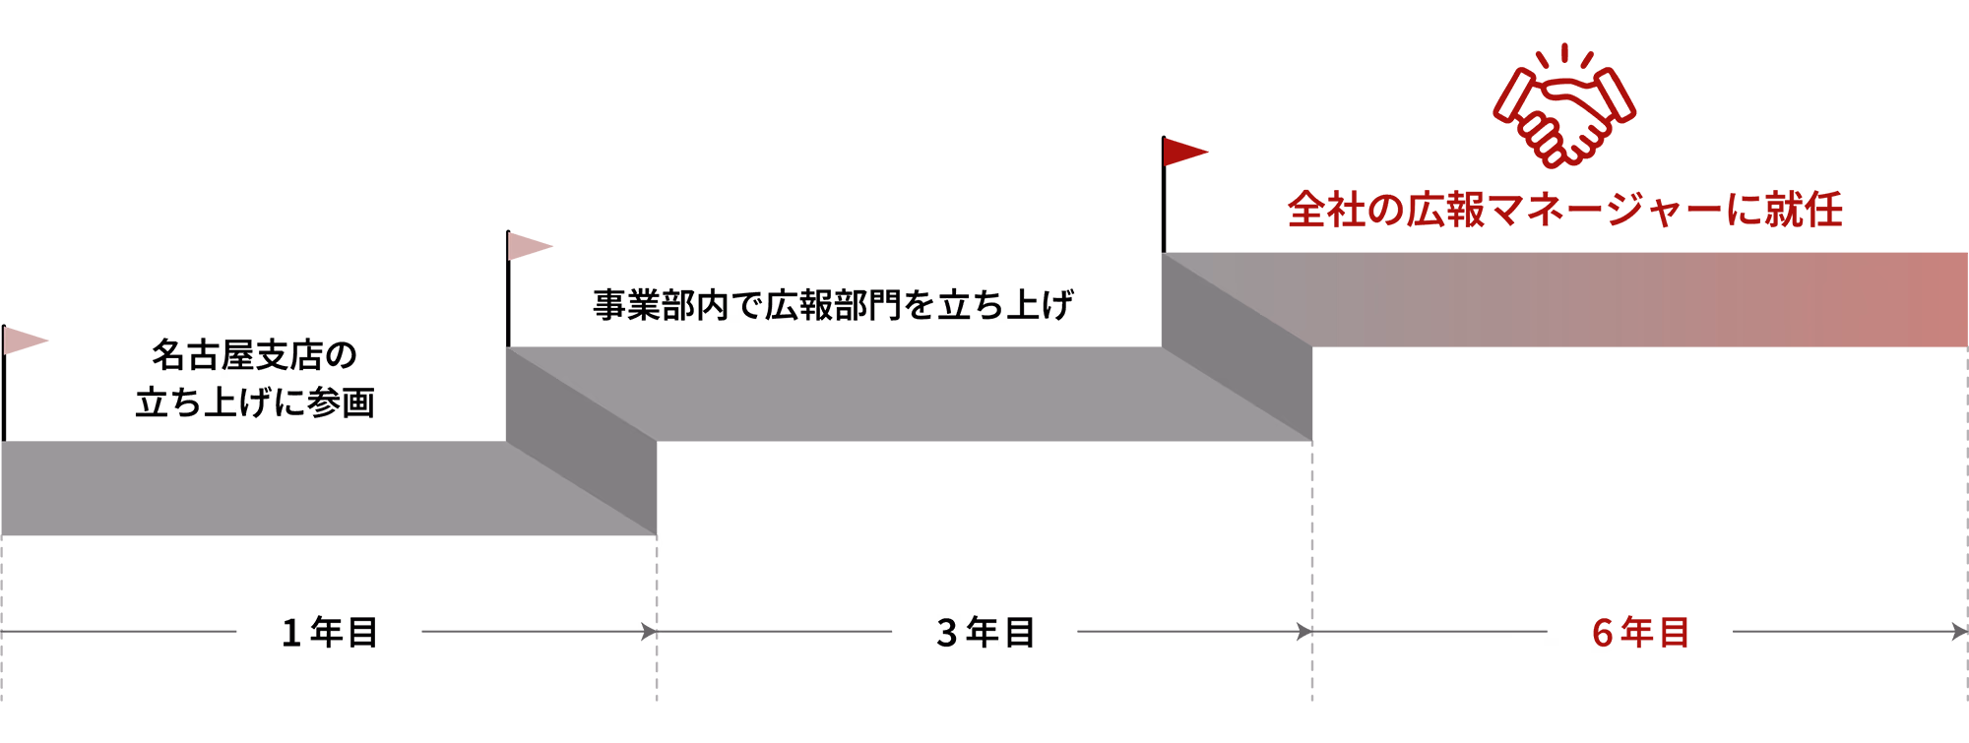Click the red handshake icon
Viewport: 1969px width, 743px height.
pyautogui.click(x=1564, y=106)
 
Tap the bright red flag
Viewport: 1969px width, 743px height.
pyautogui.click(x=1185, y=152)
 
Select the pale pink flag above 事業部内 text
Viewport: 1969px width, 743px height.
pyautogui.click(x=530, y=246)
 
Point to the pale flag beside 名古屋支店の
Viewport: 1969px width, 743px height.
pyautogui.click(x=26, y=341)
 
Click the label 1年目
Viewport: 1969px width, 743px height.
pyautogui.click(x=330, y=632)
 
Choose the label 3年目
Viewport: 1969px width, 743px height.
pyautogui.click(x=985, y=632)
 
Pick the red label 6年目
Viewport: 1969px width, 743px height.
pyautogui.click(x=1641, y=632)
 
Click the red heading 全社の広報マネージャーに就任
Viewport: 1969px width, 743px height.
pyautogui.click(x=1565, y=210)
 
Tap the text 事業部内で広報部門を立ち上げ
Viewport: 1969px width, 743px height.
pyautogui.click(x=833, y=305)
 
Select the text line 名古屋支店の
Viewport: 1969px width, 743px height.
pyautogui.click(x=254, y=355)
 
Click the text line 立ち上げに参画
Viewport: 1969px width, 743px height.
pyautogui.click(x=255, y=402)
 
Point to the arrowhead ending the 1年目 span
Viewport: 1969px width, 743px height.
pyautogui.click(x=649, y=632)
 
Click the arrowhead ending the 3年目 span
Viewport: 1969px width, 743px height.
pyautogui.click(x=1304, y=632)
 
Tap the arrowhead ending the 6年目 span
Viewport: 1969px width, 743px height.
pyautogui.click(x=1959, y=632)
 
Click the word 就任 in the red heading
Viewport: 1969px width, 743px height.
pyautogui.click(x=1804, y=210)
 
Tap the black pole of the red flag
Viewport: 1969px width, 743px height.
pyautogui.click(x=1164, y=195)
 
